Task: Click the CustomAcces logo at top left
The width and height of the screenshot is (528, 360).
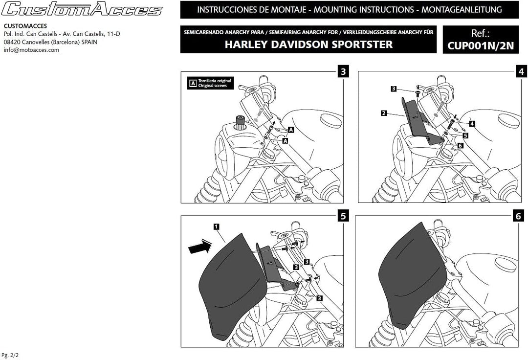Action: click(83, 9)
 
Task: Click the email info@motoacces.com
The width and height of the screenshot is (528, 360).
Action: click(31, 50)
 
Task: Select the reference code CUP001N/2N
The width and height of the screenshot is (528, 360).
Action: click(481, 45)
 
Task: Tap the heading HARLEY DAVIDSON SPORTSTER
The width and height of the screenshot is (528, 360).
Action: click(308, 45)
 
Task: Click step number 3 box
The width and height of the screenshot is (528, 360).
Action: click(344, 72)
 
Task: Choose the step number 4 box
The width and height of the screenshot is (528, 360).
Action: click(521, 72)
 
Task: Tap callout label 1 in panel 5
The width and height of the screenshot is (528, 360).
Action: click(216, 226)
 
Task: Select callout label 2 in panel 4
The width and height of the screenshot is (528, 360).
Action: click(384, 113)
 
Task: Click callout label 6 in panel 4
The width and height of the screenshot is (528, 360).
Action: click(460, 145)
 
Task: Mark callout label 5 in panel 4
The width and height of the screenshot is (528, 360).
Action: click(465, 135)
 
